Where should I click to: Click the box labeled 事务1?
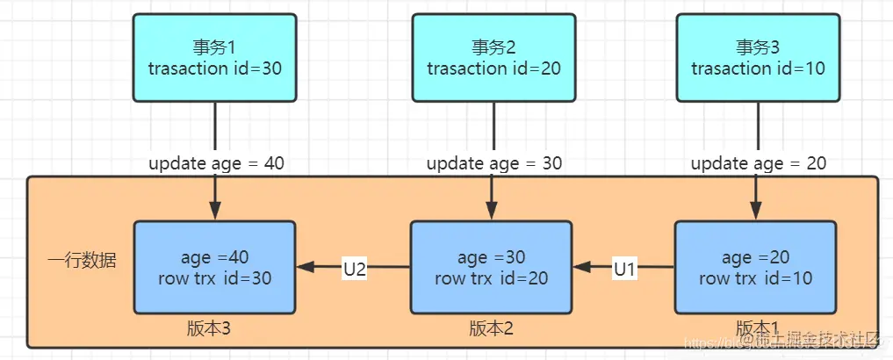215,58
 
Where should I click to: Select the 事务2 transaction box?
493,58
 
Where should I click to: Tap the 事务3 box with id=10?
757,58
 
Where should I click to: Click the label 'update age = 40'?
216,163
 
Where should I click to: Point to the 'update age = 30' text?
494,163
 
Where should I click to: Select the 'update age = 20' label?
758,163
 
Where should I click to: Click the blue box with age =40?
215,268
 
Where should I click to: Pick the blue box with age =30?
492,268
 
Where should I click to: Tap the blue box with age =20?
755,268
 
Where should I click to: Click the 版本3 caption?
209,328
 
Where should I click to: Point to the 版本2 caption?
491,328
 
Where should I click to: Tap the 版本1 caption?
757,328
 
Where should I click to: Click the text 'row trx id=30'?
216,278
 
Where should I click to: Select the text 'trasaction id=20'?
493,68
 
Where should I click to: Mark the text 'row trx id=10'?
756,278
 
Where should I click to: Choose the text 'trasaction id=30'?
215,68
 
